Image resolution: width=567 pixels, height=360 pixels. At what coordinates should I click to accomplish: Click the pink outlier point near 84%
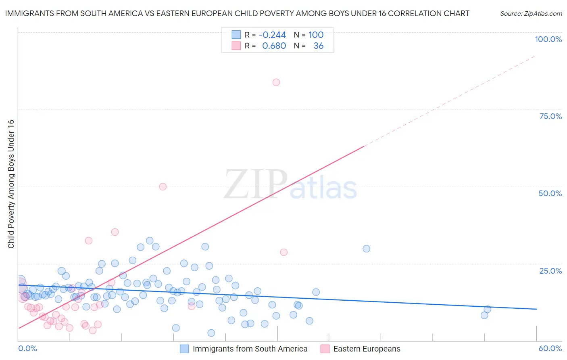pyautogui.click(x=276, y=82)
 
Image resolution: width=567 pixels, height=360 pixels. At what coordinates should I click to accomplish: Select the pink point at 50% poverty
pyautogui.click(x=163, y=186)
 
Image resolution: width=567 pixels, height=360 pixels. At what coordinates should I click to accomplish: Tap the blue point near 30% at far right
pyautogui.click(x=366, y=249)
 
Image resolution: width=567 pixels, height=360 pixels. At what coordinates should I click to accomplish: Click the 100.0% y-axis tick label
pyautogui.click(x=548, y=39)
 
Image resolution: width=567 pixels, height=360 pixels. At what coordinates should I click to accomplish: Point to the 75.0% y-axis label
pyautogui.click(x=550, y=116)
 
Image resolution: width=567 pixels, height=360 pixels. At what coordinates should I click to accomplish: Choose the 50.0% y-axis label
pyautogui.click(x=550, y=193)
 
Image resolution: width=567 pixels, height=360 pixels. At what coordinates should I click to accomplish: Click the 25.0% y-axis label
pyautogui.click(x=550, y=271)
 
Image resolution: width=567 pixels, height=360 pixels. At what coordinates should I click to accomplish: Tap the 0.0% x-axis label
pyautogui.click(x=27, y=348)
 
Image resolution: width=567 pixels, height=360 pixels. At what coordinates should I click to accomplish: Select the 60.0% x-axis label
pyautogui.click(x=550, y=348)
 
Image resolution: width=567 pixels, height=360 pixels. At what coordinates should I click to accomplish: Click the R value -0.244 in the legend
pyautogui.click(x=272, y=35)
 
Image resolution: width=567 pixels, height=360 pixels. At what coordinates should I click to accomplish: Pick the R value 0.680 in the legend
pyautogui.click(x=274, y=46)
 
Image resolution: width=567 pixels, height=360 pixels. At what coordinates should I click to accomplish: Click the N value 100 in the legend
pyautogui.click(x=316, y=35)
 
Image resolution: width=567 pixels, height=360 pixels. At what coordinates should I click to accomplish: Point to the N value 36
pyautogui.click(x=318, y=46)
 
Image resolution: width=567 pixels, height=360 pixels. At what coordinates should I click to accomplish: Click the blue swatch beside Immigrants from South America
pyautogui.click(x=184, y=349)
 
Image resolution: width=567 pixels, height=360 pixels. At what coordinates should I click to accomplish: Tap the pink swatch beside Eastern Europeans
pyautogui.click(x=325, y=349)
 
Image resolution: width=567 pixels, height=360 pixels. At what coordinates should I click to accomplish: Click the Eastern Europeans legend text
pyautogui.click(x=367, y=349)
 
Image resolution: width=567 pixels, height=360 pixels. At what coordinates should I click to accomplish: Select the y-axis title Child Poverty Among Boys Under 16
pyautogui.click(x=11, y=184)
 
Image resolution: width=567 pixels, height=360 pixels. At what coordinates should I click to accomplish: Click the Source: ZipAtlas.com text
pyautogui.click(x=531, y=14)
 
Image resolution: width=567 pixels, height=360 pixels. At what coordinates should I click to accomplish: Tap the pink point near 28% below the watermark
pyautogui.click(x=283, y=252)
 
